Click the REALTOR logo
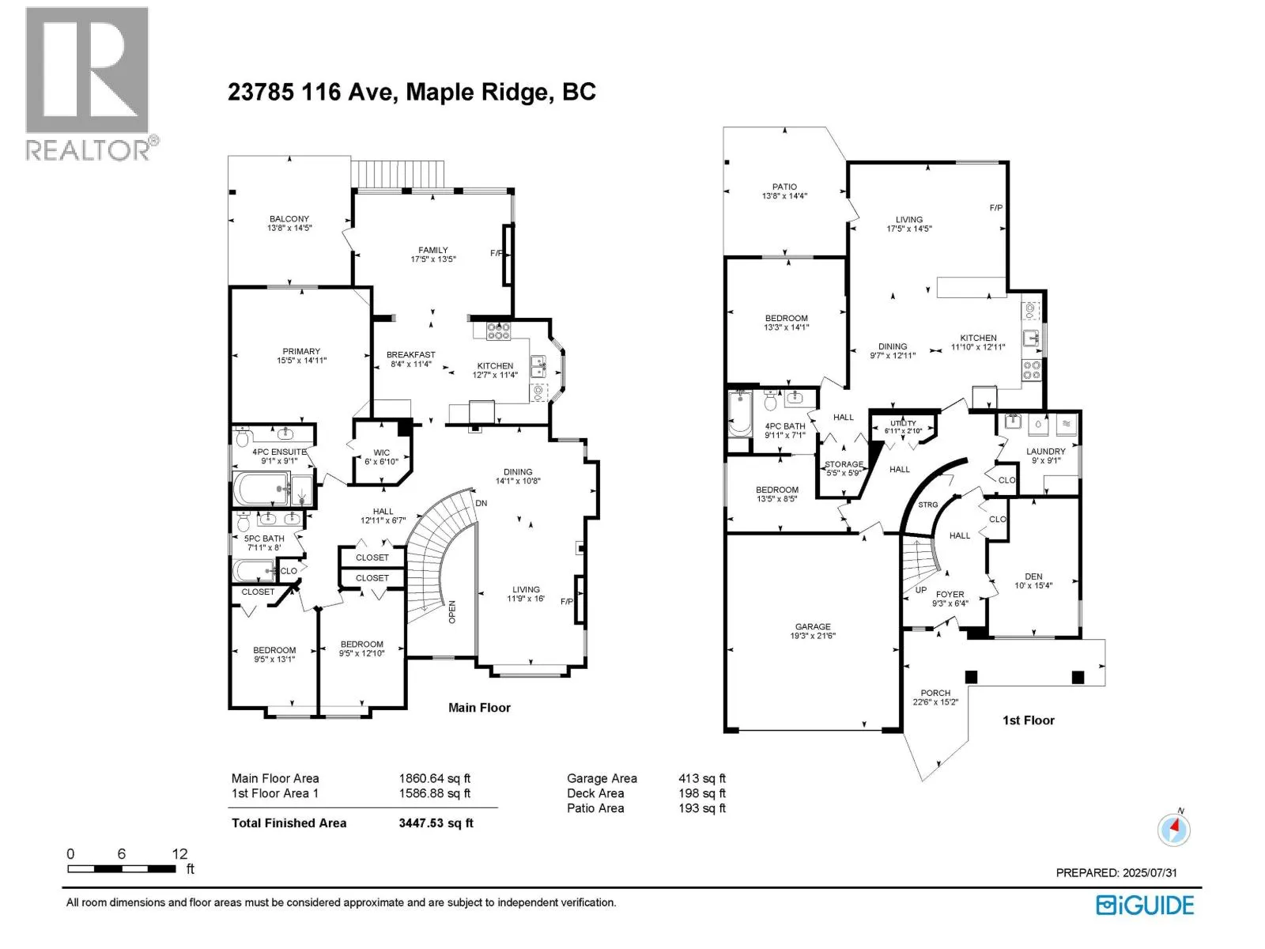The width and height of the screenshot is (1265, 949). coord(91,84)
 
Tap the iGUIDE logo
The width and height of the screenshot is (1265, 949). coord(1144,906)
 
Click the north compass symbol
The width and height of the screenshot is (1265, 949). coord(1173,829)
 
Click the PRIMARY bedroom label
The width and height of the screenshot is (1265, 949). coord(301,351)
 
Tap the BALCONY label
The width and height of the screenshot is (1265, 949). coord(289,218)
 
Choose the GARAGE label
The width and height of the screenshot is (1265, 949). coord(813,626)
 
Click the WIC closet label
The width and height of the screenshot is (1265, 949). coord(382,452)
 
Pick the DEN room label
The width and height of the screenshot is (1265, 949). coord(1033,577)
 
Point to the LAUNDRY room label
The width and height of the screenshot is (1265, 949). coord(1045,451)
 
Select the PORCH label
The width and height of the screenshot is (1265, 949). coord(935,693)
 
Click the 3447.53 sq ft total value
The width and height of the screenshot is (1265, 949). coord(436,822)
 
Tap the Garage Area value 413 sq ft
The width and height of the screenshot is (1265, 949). coord(702,778)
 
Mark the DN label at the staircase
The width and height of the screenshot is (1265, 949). coord(481,503)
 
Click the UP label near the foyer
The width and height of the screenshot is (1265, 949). coord(921,590)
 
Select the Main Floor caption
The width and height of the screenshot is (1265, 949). coord(479,708)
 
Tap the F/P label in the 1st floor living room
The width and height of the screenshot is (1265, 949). coord(996,207)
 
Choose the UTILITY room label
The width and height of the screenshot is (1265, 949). coord(903,423)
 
